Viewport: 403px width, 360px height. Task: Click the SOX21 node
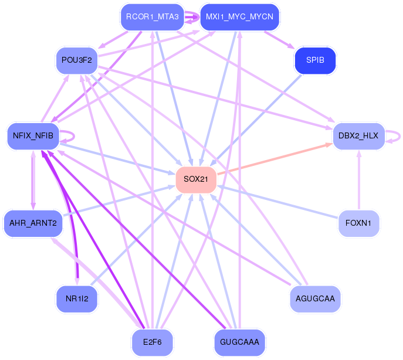tap(196, 179)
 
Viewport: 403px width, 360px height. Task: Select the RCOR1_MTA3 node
tap(153, 17)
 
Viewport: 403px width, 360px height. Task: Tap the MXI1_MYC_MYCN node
tap(239, 17)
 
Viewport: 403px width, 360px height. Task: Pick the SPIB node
tap(315, 60)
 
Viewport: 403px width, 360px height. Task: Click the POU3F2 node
tap(77, 60)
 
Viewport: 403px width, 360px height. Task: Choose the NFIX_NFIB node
tap(33, 136)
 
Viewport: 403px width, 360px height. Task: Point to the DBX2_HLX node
tap(358, 136)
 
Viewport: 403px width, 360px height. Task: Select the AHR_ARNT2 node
tap(33, 223)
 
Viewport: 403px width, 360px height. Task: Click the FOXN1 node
tap(358, 223)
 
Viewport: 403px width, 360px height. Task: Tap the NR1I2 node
tap(77, 299)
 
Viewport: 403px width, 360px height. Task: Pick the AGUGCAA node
tap(315, 299)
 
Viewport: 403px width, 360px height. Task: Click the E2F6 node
tap(153, 342)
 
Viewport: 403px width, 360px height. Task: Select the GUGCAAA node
tap(239, 342)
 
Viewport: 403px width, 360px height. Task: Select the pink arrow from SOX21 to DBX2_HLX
tap(275, 159)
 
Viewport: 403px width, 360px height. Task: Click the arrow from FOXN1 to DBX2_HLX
tap(359, 180)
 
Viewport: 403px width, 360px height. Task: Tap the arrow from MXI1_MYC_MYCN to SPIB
tap(279, 39)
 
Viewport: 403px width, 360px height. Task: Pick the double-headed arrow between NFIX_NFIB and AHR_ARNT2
tap(33, 180)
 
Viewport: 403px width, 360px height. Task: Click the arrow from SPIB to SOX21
tap(256, 120)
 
